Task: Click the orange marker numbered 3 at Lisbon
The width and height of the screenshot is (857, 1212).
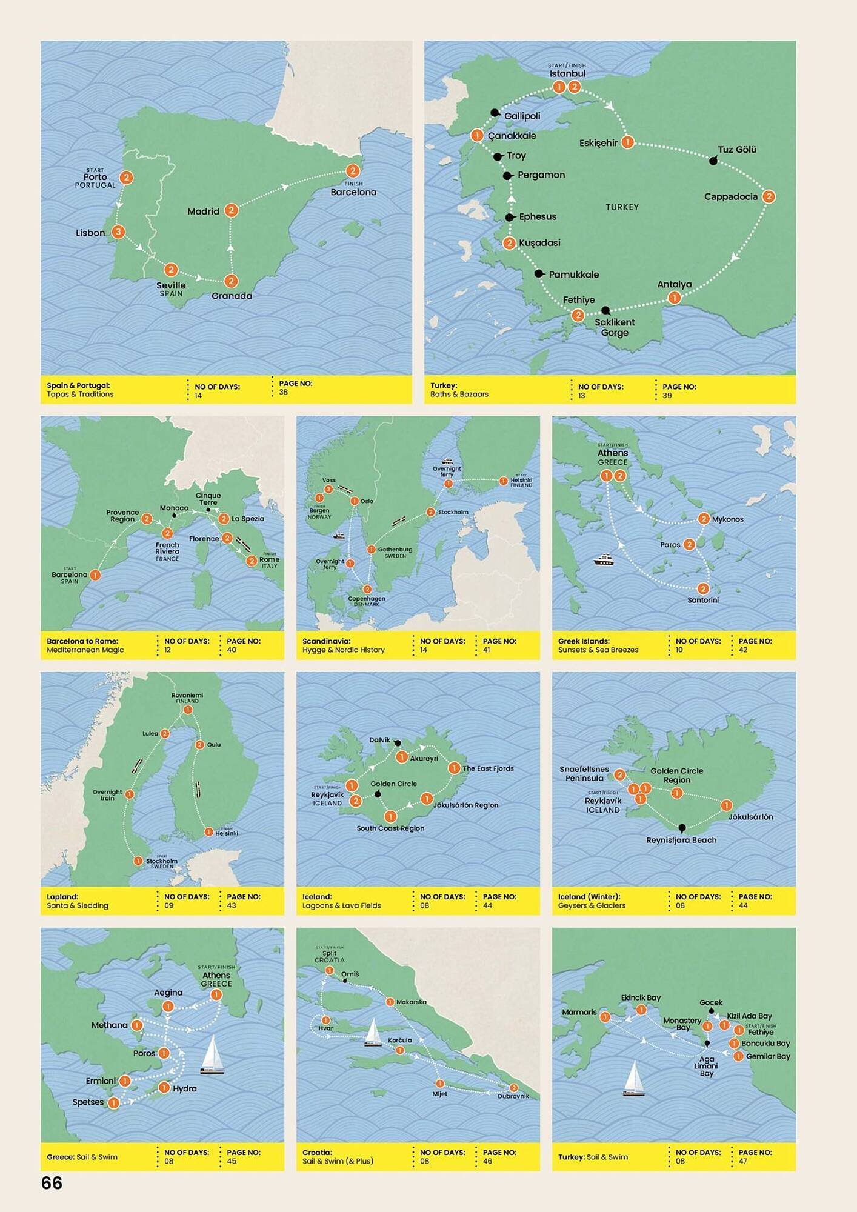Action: click(118, 231)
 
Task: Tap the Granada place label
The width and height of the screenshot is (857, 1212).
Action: click(232, 296)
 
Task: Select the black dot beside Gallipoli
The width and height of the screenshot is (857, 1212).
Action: click(495, 113)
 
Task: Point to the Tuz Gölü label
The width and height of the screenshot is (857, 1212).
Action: click(736, 150)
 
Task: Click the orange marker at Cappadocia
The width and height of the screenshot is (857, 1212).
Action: click(769, 196)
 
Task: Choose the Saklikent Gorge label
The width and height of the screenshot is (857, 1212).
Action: click(615, 327)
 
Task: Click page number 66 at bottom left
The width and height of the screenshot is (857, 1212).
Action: click(52, 1182)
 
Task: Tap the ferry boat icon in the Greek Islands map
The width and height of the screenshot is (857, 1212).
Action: click(604, 560)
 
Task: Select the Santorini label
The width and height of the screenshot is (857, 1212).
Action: click(702, 600)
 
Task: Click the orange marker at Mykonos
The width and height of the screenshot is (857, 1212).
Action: click(703, 519)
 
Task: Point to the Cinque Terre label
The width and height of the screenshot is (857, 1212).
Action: click(208, 499)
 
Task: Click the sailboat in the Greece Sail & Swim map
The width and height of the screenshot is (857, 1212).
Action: click(212, 1055)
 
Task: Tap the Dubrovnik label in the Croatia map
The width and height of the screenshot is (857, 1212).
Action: click(513, 1096)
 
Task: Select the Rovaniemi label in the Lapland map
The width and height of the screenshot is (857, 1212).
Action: click(187, 695)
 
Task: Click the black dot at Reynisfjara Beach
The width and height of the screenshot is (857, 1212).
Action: click(682, 828)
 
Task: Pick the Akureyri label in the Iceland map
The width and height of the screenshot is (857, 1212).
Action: click(424, 758)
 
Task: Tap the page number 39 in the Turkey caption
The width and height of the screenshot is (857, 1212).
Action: click(667, 395)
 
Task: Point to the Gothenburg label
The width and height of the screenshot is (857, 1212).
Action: click(395, 550)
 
